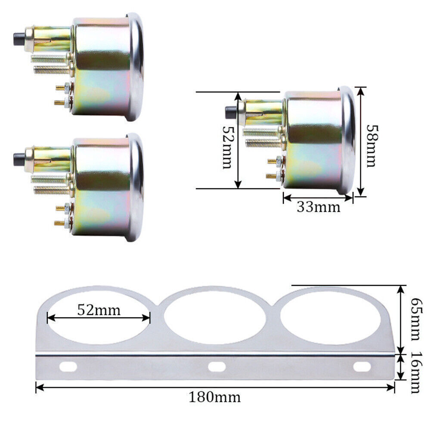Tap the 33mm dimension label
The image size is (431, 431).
click(318, 207)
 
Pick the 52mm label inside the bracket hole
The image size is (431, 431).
click(99, 309)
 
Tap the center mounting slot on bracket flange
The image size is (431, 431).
click(217, 367)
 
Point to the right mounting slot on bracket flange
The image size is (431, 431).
click(362, 367)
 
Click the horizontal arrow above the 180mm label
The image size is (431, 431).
click(215, 387)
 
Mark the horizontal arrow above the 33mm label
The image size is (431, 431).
click(318, 198)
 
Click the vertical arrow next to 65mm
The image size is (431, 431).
click(401, 319)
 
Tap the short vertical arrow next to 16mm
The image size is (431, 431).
click(401, 367)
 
